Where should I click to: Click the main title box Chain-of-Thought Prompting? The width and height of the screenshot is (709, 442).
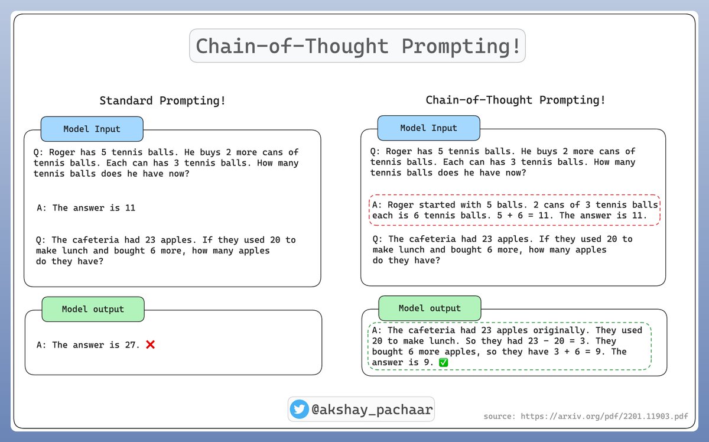357,46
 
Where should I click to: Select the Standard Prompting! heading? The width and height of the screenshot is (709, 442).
162,100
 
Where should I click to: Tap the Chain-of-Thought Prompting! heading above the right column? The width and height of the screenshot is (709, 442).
515,100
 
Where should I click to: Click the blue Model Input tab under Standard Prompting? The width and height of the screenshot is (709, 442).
92,129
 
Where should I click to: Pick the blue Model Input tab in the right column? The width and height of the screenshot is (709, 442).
428,128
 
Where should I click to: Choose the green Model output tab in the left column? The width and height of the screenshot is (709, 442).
93,309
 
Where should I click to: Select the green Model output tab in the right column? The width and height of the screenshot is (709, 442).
430,308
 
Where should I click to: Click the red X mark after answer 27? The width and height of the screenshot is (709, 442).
150,344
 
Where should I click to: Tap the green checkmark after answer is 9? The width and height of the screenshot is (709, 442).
444,362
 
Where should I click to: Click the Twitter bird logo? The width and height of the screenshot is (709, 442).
300,409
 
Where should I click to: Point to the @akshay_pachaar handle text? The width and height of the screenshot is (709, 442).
372,409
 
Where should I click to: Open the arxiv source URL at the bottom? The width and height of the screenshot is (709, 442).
585,417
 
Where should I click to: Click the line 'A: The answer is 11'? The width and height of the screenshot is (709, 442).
86,207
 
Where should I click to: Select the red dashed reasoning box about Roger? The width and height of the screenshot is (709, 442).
514,210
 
